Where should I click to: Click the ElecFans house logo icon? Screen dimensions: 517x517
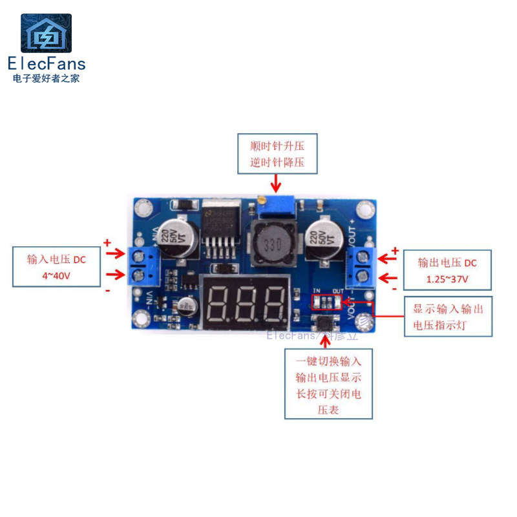pos(46,33)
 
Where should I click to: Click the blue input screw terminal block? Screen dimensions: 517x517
pos(143,266)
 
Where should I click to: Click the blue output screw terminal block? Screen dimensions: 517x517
pos(361,266)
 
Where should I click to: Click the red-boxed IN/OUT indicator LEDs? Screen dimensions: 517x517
pos(326,302)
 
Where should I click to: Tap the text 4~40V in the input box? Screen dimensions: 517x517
pos(56,275)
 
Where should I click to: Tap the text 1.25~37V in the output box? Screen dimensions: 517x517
pos(447,279)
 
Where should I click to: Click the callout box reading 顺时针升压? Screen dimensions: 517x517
pos(277,154)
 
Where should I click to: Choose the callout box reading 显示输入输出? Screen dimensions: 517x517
pos(448,317)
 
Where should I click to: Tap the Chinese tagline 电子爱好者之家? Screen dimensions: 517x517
pos(46,79)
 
